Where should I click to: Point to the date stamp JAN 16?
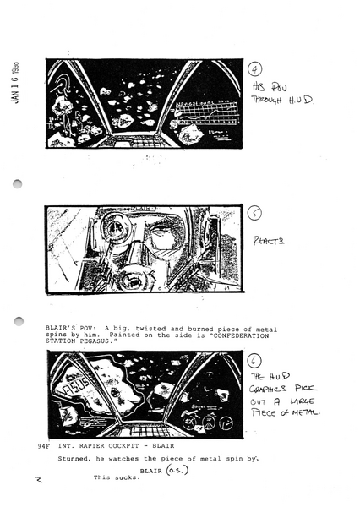click(16, 84)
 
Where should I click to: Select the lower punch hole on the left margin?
click(19, 320)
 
